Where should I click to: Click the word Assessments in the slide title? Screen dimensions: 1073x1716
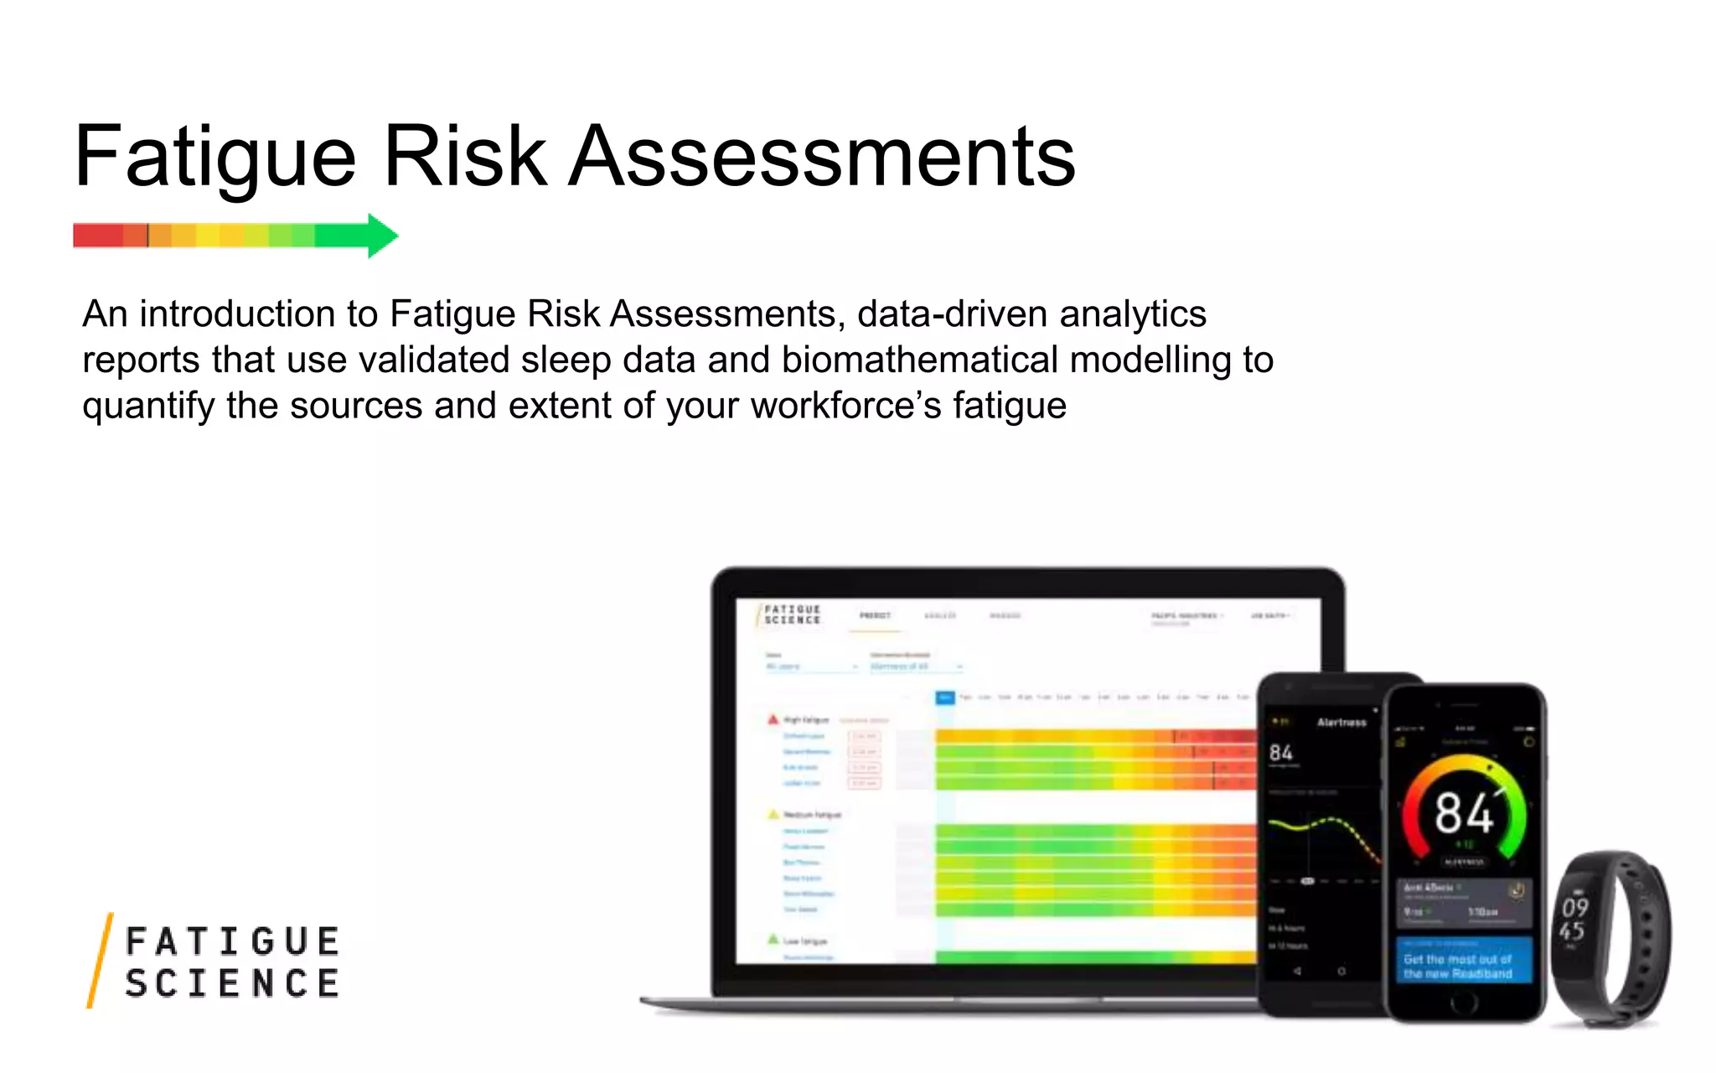(822, 158)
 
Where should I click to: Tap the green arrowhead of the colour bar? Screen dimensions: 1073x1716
(381, 236)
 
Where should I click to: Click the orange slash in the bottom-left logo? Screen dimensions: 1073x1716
(100, 960)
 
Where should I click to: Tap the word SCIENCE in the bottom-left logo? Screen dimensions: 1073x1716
(232, 983)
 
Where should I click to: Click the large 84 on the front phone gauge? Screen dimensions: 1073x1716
(1463, 812)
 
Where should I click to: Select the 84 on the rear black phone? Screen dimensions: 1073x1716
(1280, 752)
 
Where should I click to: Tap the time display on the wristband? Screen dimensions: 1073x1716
(1573, 919)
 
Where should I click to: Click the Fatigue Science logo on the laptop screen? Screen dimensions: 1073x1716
(790, 614)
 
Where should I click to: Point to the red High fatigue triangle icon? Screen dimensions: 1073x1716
(773, 719)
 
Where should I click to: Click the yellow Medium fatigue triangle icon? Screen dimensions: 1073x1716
(773, 814)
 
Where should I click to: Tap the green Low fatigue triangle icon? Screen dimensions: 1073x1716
(773, 940)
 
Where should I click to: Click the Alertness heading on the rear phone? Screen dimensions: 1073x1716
(1341, 722)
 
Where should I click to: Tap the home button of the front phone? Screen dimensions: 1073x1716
(1464, 1001)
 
